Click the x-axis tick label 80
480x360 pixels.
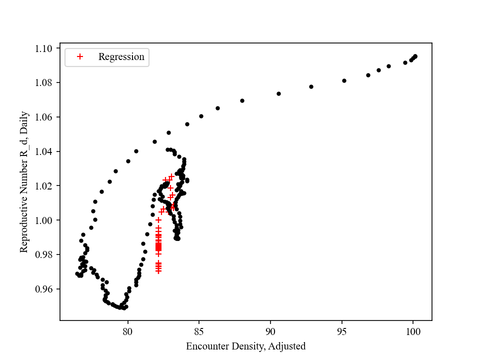coord(127,330)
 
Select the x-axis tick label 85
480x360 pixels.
coord(199,330)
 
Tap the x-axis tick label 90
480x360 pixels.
coord(270,330)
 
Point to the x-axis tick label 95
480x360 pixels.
coord(342,330)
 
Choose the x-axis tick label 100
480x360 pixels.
coord(413,330)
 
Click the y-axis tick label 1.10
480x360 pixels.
coord(44,48)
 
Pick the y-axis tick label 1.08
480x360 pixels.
coord(44,82)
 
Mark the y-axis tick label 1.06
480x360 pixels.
coord(44,117)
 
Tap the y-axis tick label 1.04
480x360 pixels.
coord(44,151)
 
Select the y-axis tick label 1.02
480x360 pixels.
coord(44,186)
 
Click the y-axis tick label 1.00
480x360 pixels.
coord(44,220)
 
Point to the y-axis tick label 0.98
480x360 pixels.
coord(44,254)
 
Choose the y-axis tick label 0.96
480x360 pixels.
coord(44,289)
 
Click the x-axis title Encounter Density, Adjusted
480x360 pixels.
coord(245,346)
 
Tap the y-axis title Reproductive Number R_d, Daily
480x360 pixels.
coord(23,182)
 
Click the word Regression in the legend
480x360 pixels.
coord(121,57)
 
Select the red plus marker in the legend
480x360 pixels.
coord(79,57)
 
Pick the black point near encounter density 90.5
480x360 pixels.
coord(278,93)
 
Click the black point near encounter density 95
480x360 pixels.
coord(344,80)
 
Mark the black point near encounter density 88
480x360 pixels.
coord(242,100)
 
